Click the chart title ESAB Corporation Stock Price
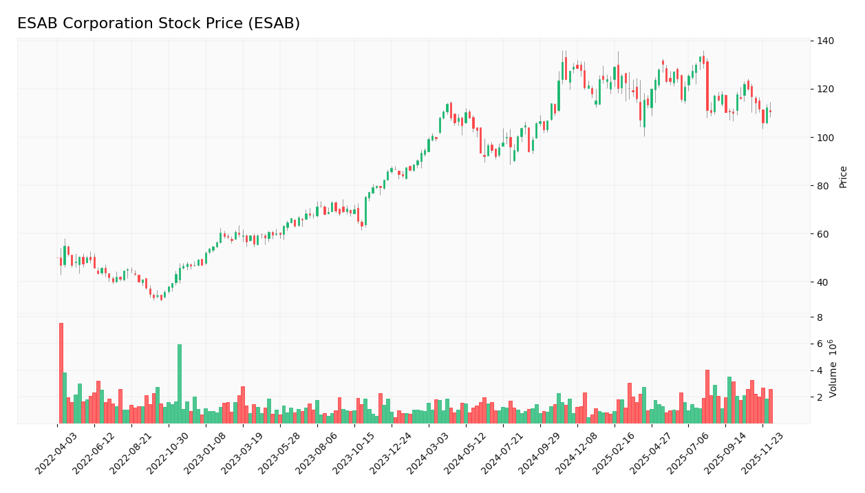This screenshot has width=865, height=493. (x=158, y=24)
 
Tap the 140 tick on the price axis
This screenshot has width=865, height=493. (x=826, y=41)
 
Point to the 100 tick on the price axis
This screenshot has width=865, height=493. (x=826, y=138)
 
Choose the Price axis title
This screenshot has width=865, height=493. (x=844, y=177)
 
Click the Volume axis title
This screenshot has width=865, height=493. (x=833, y=368)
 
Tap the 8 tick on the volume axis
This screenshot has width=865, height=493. (x=820, y=317)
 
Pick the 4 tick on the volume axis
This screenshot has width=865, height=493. (x=820, y=370)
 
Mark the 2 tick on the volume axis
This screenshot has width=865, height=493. (x=820, y=397)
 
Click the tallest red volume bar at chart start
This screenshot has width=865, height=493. (x=61, y=373)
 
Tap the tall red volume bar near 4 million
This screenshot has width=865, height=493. (x=707, y=397)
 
